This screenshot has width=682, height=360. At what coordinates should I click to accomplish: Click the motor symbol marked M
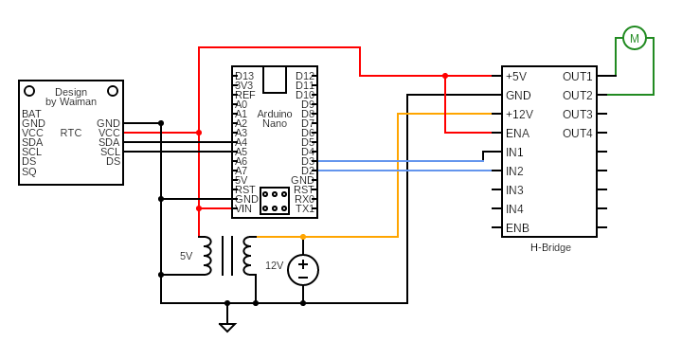click(x=635, y=38)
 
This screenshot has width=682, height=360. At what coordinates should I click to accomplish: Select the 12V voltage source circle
click(x=303, y=269)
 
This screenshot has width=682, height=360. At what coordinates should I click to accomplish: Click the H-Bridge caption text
click(x=550, y=247)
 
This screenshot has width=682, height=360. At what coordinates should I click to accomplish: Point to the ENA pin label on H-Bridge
click(x=517, y=134)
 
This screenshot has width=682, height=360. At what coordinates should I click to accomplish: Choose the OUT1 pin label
click(x=577, y=77)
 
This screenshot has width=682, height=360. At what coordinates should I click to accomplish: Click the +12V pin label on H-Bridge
click(x=519, y=115)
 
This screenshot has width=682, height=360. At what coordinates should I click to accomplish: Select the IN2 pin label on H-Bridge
click(x=514, y=171)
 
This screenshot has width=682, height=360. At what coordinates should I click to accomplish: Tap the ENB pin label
click(x=517, y=228)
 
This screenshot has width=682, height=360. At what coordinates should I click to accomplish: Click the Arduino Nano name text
click(x=275, y=118)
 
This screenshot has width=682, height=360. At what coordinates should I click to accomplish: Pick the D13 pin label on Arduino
click(x=244, y=76)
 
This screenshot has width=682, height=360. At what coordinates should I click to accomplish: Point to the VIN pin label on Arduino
click(x=243, y=208)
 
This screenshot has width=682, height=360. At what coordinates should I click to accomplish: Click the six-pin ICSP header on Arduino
click(x=275, y=201)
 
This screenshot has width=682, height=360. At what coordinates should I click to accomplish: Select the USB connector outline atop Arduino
click(x=275, y=80)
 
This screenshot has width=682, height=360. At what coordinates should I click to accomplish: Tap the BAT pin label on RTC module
click(x=31, y=114)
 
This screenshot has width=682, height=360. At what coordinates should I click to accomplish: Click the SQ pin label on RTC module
click(x=28, y=171)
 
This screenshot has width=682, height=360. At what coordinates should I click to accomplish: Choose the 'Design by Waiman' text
click(x=71, y=97)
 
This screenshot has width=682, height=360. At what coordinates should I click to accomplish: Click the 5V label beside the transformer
click(x=186, y=256)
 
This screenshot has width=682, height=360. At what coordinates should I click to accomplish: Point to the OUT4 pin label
click(x=577, y=134)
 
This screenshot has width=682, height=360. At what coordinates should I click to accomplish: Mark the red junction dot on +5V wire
click(x=445, y=76)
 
